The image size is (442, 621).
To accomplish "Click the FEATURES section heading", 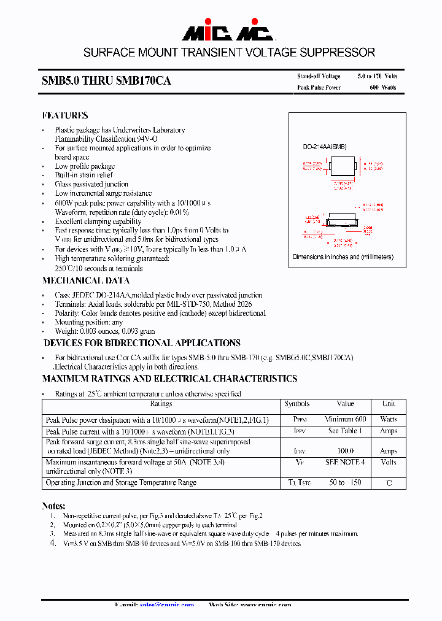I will pyautogui.click(x=65, y=115).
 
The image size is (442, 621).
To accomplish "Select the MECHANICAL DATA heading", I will pyautogui.click(x=86, y=280).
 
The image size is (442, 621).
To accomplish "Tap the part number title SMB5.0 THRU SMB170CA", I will pyautogui.click(x=106, y=81).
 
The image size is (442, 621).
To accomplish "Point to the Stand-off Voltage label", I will pyautogui.click(x=319, y=76).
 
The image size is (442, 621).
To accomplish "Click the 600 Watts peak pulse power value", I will pyautogui.click(x=382, y=88).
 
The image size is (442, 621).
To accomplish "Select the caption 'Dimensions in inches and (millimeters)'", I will pyautogui.click(x=343, y=257).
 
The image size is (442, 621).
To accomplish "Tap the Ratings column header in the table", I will pyautogui.click(x=161, y=404).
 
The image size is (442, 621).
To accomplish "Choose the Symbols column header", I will pyautogui.click(x=297, y=404).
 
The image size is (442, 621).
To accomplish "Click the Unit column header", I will pyautogui.click(x=389, y=404).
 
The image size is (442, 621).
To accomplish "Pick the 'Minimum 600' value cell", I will pyautogui.click(x=346, y=419).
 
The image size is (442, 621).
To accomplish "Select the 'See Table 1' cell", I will pyautogui.click(x=346, y=431).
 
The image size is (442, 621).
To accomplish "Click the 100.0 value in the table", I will pyautogui.click(x=346, y=451).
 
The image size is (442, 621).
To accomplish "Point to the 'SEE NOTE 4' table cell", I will pyautogui.click(x=346, y=462).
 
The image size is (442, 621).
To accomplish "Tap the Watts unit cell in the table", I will pyautogui.click(x=389, y=419).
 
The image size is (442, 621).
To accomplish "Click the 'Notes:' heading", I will pyautogui.click(x=53, y=506).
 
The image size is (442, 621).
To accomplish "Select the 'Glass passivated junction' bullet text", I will pyautogui.click(x=91, y=184).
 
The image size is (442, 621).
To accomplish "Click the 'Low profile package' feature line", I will pyautogui.click(x=85, y=166).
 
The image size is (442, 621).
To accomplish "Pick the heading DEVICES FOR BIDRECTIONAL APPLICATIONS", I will pyautogui.click(x=142, y=343).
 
